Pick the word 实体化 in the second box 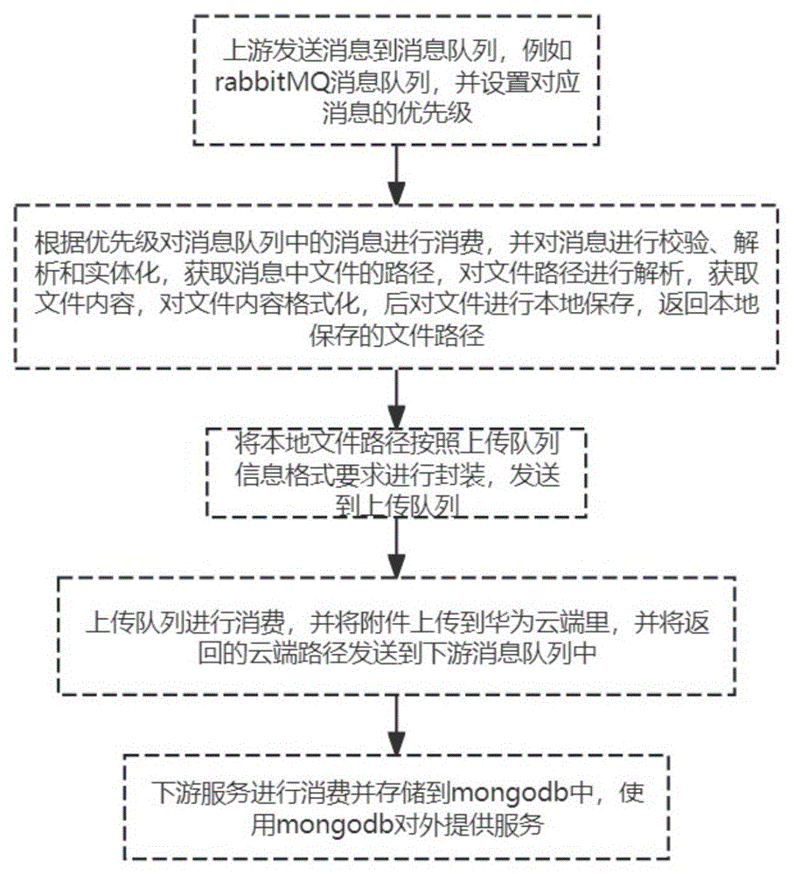click(x=131, y=272)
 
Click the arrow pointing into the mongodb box click(x=397, y=725)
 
